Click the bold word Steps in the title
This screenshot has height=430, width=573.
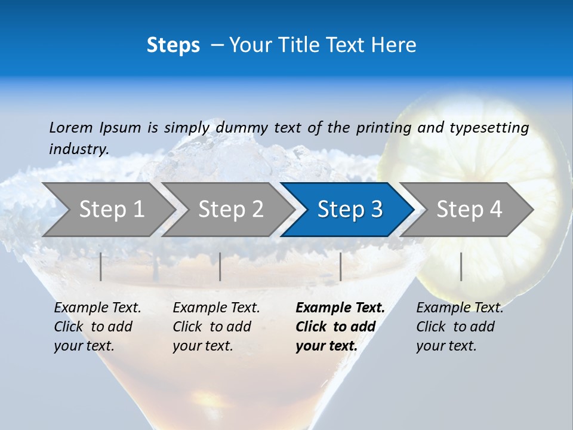(173, 45)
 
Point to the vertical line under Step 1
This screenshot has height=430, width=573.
(101, 266)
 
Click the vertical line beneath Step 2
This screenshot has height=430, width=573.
(220, 266)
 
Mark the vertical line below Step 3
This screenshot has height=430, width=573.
(340, 266)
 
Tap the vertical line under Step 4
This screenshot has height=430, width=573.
(461, 266)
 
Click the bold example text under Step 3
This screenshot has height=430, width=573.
(340, 327)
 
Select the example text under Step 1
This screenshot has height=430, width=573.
(97, 327)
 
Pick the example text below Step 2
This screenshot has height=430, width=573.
(216, 327)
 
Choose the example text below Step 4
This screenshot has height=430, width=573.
(460, 327)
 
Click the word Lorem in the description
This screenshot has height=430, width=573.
(71, 127)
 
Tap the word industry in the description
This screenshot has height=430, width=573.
(79, 149)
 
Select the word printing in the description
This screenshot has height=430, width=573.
(384, 128)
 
